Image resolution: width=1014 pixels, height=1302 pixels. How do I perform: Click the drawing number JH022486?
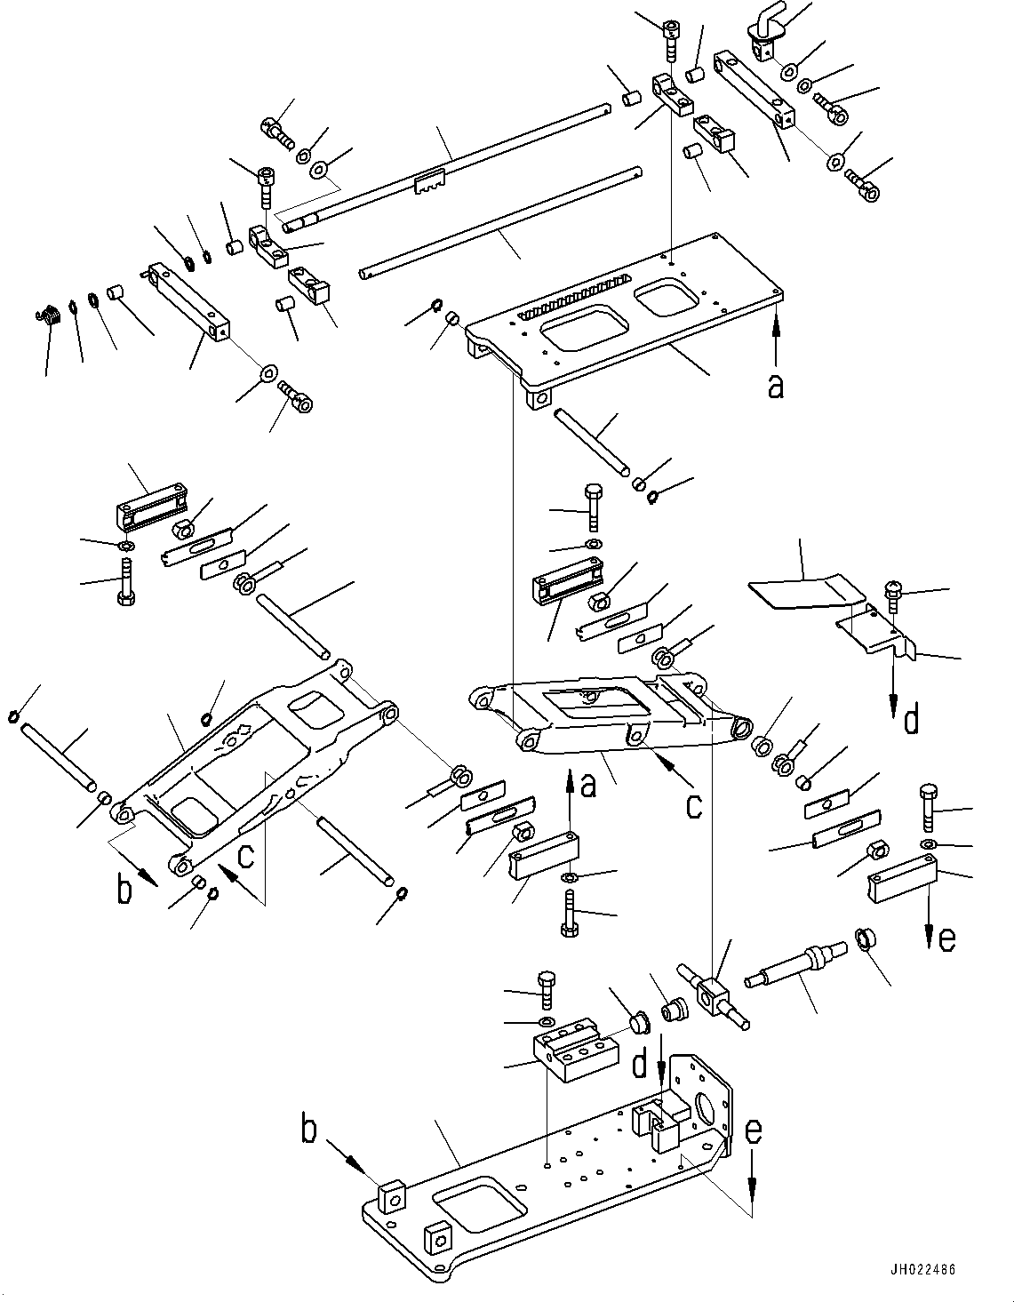pyautogui.click(x=921, y=1270)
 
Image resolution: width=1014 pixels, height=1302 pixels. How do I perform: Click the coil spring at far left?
pyautogui.click(x=50, y=315)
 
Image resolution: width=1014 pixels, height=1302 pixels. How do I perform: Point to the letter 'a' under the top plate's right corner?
pyautogui.click(x=776, y=387)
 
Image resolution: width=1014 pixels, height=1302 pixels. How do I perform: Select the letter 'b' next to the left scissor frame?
pyautogui.click(x=125, y=890)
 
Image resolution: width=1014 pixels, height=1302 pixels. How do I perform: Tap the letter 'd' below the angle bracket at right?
pyautogui.click(x=911, y=719)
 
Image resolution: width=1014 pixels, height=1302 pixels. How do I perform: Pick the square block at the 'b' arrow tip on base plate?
pyautogui.click(x=391, y=1197)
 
